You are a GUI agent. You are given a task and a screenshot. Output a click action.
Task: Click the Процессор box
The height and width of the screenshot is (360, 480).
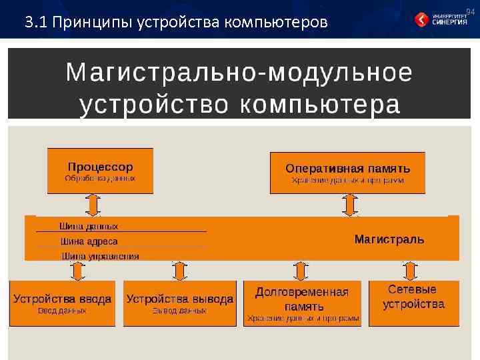point(100,171)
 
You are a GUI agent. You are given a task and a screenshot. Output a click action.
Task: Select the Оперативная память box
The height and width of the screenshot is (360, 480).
point(347,172)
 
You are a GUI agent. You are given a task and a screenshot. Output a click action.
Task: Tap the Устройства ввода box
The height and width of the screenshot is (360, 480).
point(62,303)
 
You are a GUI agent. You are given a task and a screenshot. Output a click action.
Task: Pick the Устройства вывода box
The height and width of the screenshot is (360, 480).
point(180,303)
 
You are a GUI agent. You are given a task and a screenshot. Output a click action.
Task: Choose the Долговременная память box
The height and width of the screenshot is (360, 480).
point(303,303)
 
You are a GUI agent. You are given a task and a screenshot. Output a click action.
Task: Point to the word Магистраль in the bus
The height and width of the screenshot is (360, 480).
point(389,239)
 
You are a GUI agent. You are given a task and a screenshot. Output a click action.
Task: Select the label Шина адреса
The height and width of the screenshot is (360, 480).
point(89,241)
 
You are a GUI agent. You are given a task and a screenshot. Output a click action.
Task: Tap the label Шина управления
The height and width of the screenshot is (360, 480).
point(100,255)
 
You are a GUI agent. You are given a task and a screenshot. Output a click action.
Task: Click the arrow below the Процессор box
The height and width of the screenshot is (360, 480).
point(94,204)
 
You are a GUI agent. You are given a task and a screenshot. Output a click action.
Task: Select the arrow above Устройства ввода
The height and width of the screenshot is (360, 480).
point(77,271)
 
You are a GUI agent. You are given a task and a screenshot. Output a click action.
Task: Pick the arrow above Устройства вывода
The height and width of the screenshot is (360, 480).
point(179,271)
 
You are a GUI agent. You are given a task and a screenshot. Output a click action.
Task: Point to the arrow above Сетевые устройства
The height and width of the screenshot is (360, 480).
point(409,271)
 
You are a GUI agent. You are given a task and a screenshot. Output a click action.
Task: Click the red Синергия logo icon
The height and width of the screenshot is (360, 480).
point(423,20)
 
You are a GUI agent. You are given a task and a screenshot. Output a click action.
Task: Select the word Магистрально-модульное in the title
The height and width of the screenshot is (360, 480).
point(239,73)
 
